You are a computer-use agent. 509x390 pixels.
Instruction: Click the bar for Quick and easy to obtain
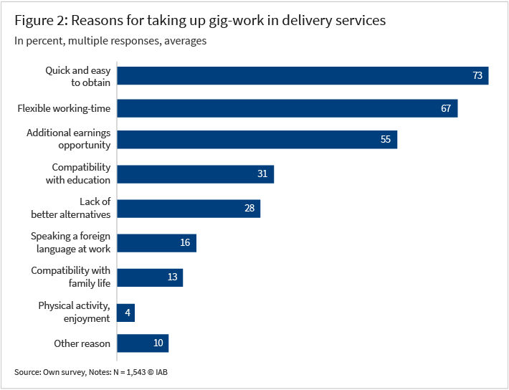point(302,76)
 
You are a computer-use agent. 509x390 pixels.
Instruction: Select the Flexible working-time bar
point(287,108)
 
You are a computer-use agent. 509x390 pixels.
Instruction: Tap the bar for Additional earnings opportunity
point(257,140)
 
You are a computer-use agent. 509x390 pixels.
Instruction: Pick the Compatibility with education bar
point(195,174)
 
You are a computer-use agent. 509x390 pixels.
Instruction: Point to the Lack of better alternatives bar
point(188,209)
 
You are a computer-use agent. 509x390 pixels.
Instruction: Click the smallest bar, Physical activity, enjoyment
point(125,313)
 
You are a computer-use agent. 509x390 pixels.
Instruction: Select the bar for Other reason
point(142,343)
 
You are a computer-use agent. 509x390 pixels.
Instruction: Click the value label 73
point(477,76)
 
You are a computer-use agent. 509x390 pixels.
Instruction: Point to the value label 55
point(386,140)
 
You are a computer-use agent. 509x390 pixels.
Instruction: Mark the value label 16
point(185,243)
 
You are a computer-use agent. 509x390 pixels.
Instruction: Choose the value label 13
point(172,277)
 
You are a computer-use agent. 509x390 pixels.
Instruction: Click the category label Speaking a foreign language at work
point(70,242)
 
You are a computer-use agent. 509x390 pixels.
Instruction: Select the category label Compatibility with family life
point(70,277)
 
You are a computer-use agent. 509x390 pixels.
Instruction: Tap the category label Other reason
point(82,343)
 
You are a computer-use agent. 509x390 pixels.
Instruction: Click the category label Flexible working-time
point(64,109)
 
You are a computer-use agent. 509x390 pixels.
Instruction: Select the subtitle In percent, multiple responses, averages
point(110,41)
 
